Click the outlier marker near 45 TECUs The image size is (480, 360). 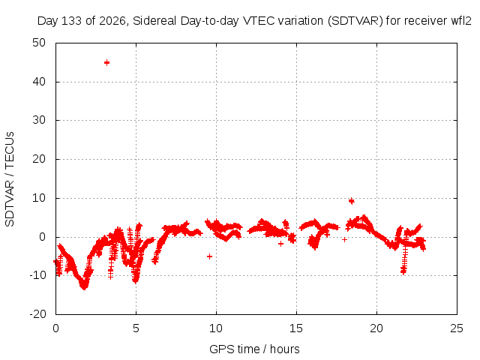[106, 63]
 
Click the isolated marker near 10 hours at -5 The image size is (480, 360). [210, 256]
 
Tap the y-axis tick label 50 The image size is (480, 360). [39, 43]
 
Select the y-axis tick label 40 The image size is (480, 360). [39, 82]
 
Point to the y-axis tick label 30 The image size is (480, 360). [39, 120]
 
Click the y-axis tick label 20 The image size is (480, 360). [39, 159]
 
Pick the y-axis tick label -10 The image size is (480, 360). [37, 275]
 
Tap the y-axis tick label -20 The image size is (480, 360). [37, 314]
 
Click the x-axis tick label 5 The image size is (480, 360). [136, 328]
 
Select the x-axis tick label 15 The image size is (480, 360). [296, 328]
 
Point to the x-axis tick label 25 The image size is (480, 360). [457, 328]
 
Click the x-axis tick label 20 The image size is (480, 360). [376, 328]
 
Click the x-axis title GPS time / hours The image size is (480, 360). [254, 349]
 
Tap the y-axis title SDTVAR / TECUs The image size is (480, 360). [10, 179]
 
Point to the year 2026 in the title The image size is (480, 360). [112, 21]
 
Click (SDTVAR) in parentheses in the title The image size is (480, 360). [355, 21]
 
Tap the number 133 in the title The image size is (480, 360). [72, 21]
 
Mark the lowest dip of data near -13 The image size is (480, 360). [84, 286]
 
